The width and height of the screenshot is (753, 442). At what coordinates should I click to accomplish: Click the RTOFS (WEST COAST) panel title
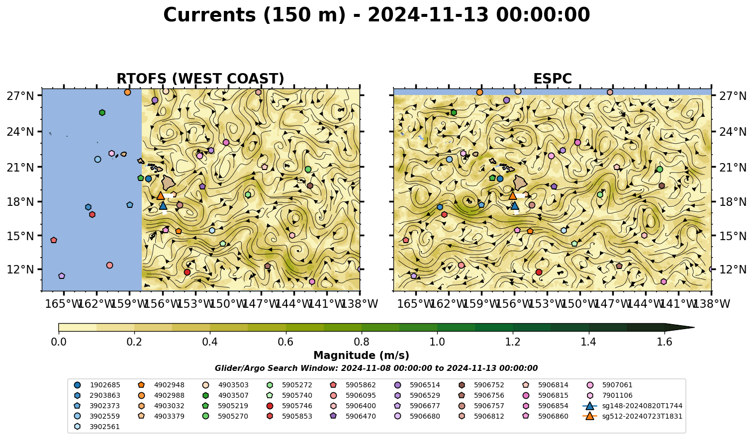pos(200,79)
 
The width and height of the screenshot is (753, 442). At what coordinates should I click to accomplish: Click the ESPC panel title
pos(552,79)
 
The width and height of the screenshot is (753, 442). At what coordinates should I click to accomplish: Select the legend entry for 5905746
pos(291,406)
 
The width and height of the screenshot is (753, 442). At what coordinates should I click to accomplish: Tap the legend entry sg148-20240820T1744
pos(633,406)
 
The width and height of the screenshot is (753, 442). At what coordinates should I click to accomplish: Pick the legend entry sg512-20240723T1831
pos(633,416)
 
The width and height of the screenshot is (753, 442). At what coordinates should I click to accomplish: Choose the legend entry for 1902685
pos(98,385)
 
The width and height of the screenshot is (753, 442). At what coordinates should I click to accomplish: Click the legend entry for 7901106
pos(610,395)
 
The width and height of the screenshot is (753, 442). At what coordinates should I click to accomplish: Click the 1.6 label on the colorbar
pos(664,342)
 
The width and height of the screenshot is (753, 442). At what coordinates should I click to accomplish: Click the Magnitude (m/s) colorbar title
pos(362,355)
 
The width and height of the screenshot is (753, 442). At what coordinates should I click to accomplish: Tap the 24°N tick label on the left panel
pos(20,132)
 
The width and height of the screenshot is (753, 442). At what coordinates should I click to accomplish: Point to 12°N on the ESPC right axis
pos(733,269)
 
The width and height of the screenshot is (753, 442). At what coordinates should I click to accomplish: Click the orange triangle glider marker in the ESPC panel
pos(513,195)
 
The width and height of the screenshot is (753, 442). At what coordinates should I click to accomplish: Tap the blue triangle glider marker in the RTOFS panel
pos(163,205)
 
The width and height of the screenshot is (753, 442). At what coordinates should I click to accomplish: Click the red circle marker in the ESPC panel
pos(539,272)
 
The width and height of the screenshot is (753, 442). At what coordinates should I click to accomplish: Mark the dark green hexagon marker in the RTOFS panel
pos(102,112)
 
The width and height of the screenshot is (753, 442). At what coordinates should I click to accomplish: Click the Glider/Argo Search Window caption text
pos(376,368)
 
